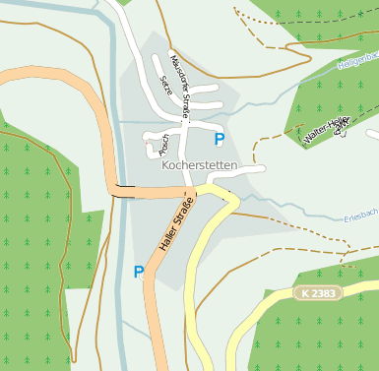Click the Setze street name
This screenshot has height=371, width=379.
[x=165, y=87]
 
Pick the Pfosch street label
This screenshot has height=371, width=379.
[x=163, y=143]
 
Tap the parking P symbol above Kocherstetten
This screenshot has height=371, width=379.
[x=219, y=140]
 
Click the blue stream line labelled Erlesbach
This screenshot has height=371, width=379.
[x=315, y=216]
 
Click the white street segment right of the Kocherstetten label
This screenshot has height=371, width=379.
[x=251, y=169]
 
